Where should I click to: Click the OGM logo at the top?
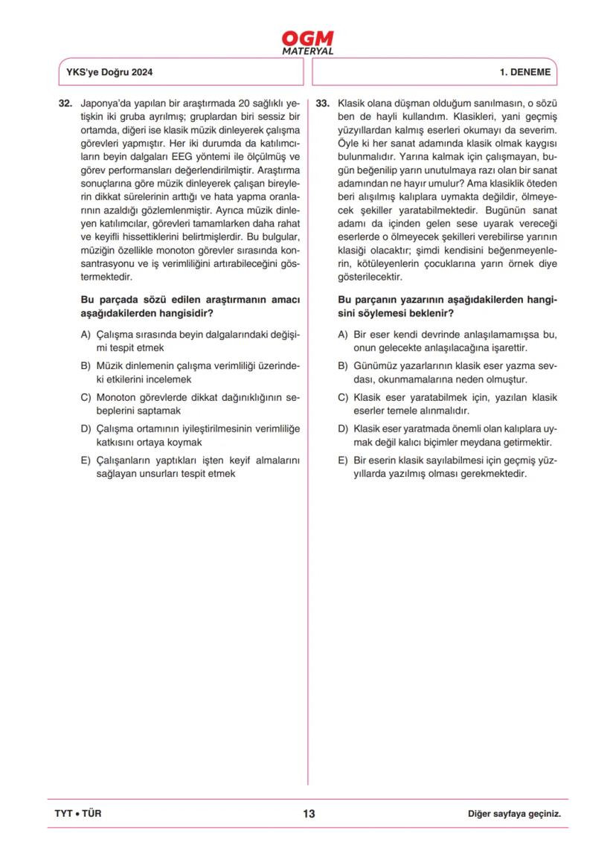[308, 39]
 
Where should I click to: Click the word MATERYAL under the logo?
[308, 52]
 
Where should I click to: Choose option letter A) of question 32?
[86, 335]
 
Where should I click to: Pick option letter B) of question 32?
[86, 366]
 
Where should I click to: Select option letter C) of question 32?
[86, 397]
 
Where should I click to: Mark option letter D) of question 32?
[86, 428]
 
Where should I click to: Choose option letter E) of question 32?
[86, 460]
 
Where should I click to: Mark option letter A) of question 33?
[343, 335]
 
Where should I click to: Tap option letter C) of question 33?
[343, 397]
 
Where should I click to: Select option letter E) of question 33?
[343, 460]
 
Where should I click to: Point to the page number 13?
[309, 814]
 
